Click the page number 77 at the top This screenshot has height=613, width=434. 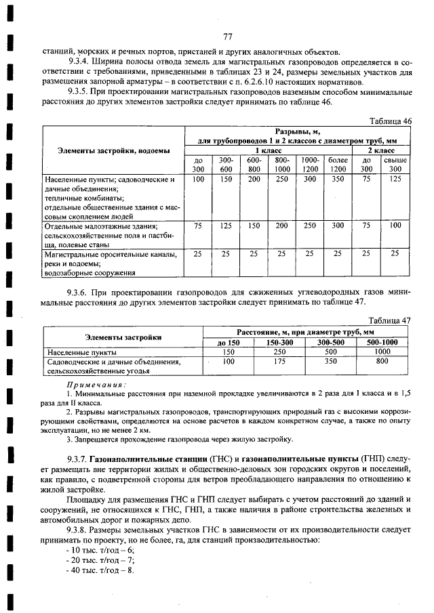[x=227, y=37]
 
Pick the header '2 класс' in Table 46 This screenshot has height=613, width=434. [x=381, y=150]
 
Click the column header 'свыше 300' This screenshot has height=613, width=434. [x=395, y=164]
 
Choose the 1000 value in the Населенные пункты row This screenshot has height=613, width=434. [x=382, y=352]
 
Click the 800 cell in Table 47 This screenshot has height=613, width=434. [x=382, y=362]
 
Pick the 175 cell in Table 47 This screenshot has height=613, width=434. [x=279, y=362]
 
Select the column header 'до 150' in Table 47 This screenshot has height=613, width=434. [x=229, y=343]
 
